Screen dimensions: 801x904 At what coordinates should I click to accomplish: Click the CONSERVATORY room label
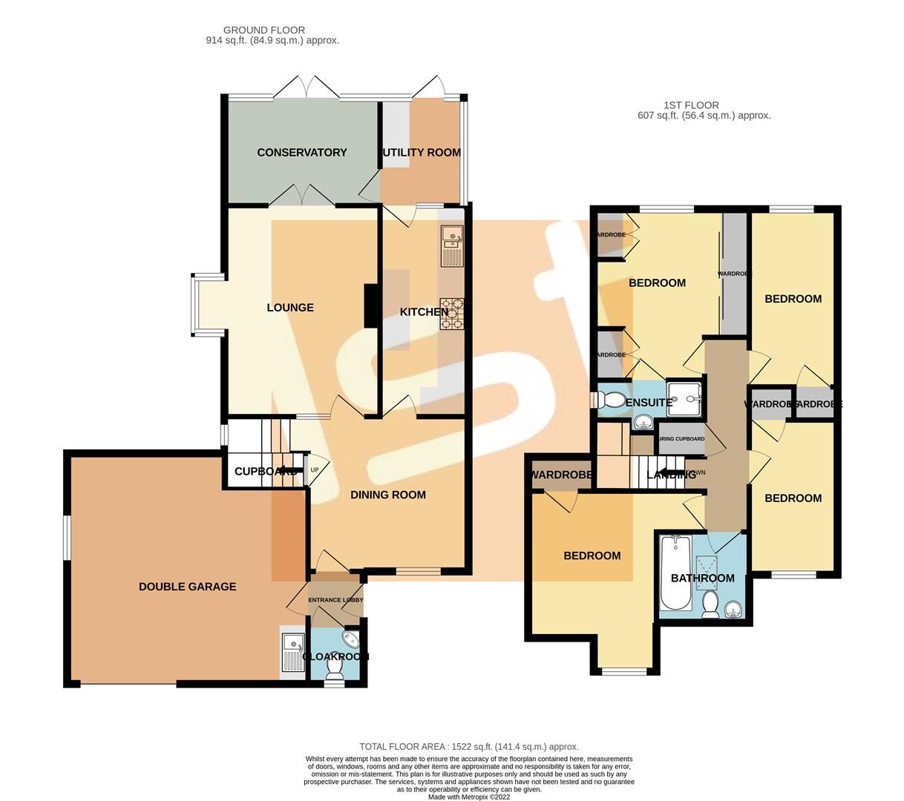(301, 153)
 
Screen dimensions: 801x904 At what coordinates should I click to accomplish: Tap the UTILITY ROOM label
(421, 153)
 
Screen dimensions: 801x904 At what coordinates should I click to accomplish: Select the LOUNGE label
(290, 308)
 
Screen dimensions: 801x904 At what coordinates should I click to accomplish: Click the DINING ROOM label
(388, 495)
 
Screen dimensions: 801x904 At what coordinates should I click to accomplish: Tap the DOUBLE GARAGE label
(187, 587)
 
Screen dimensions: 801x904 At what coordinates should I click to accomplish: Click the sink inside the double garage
(292, 650)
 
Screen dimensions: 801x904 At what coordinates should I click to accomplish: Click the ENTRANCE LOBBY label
(335, 600)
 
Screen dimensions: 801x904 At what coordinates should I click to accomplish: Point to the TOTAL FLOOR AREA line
(468, 747)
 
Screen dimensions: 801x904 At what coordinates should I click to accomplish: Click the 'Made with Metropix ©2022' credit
(468, 797)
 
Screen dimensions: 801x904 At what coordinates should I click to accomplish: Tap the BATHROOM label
(702, 578)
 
